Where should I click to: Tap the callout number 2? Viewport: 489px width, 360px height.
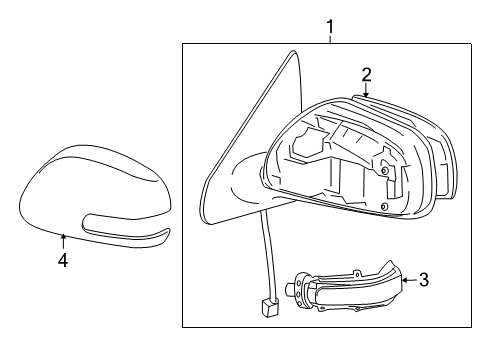pyautogui.click(x=366, y=73)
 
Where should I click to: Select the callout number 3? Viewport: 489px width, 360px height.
pyautogui.click(x=424, y=281)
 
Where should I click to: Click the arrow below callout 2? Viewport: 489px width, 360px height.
pyautogui.click(x=367, y=90)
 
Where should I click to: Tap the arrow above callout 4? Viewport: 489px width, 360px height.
pyautogui.click(x=63, y=240)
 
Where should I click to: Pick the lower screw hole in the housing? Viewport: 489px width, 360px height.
pyautogui.click(x=385, y=207)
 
